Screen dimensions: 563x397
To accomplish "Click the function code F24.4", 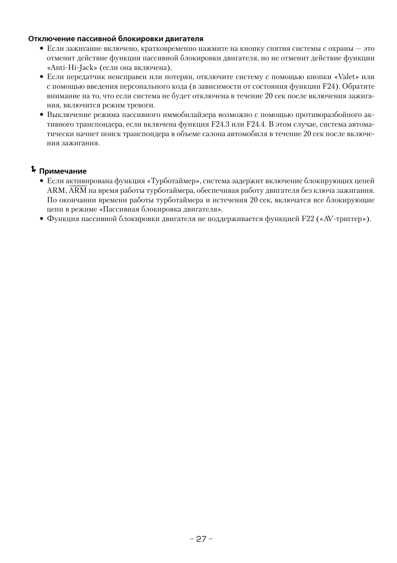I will tap(256, 124).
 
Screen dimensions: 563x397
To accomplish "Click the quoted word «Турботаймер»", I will tap(174, 181).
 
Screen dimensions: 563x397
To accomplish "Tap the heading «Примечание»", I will tap(63, 171).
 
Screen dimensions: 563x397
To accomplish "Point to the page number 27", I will tap(201, 539).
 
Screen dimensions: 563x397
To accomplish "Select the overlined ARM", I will tap(78, 191).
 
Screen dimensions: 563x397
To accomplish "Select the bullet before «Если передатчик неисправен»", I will tap(42, 77).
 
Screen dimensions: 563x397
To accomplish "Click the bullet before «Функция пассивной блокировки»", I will tap(42, 219).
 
